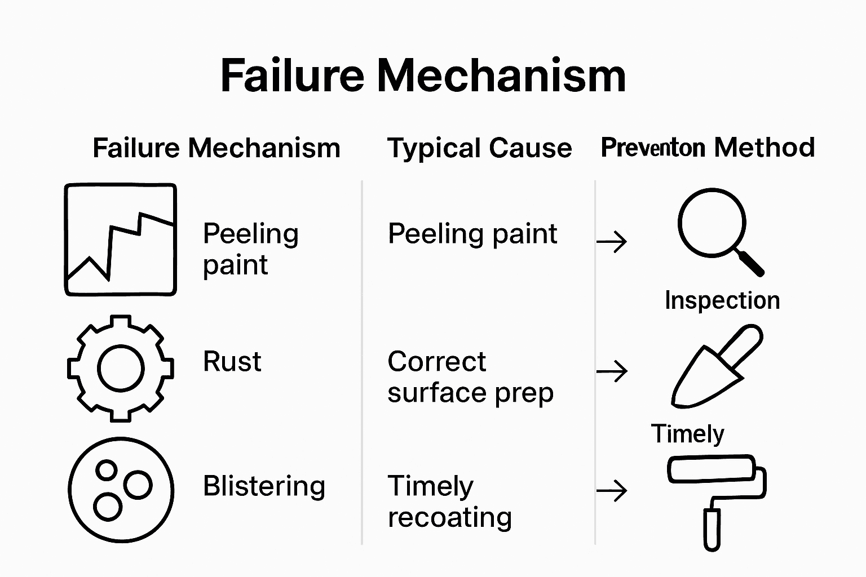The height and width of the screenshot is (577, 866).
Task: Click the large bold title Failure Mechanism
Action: pos(423,76)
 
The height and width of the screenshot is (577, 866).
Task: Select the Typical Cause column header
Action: pos(479,148)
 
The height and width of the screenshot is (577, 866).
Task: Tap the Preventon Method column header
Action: pos(708,148)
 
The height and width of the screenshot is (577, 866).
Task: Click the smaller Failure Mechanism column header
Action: pos(216,148)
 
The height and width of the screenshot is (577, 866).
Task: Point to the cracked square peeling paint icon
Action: pos(120,239)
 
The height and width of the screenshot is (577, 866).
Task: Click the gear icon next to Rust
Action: pos(120,368)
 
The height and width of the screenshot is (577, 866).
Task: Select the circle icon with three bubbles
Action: pos(121,490)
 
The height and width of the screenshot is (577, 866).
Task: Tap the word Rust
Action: pos(232,362)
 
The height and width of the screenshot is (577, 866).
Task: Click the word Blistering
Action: pos(264,486)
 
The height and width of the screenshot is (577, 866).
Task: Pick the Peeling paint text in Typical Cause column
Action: pos(472,234)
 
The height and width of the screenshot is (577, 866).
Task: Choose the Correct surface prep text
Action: pos(470,377)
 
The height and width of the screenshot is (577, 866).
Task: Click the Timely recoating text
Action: pos(449,501)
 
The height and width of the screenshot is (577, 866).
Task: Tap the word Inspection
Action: pos(722,300)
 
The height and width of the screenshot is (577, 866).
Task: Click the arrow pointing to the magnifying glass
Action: pos(612,242)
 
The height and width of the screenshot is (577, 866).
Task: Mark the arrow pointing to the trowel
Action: pos(612,371)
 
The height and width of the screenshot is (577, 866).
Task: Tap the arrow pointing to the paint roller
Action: pos(612,491)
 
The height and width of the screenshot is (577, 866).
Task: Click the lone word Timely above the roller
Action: pos(687,434)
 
